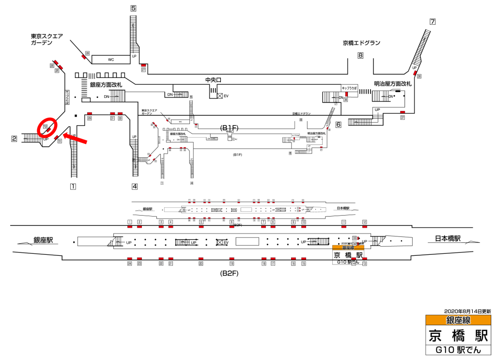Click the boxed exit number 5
click(x=133, y=8)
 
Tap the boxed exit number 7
click(x=433, y=21)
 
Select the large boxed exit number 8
click(x=360, y=55)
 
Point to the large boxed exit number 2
click(x=15, y=139)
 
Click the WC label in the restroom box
click(x=111, y=60)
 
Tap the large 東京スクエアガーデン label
click(x=46, y=39)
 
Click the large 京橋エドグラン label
click(x=361, y=43)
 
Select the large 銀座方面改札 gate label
click(x=106, y=85)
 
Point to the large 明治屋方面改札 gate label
click(x=392, y=84)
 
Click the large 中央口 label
click(x=213, y=79)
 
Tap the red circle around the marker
click(x=47, y=127)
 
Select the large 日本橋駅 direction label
click(x=447, y=238)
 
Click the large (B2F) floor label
click(x=230, y=274)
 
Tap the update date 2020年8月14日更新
click(x=467, y=311)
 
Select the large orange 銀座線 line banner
click(x=458, y=320)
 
